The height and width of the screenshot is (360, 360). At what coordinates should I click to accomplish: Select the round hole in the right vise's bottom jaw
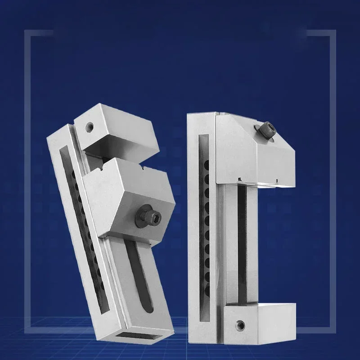pyautogui.click(x=241, y=324)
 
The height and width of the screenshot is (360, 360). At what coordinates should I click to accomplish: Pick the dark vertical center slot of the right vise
pyautogui.click(x=242, y=243)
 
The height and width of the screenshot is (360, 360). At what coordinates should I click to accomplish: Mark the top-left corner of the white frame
pyautogui.click(x=25, y=31)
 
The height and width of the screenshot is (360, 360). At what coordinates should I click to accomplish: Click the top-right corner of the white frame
pyautogui.click(x=335, y=31)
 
